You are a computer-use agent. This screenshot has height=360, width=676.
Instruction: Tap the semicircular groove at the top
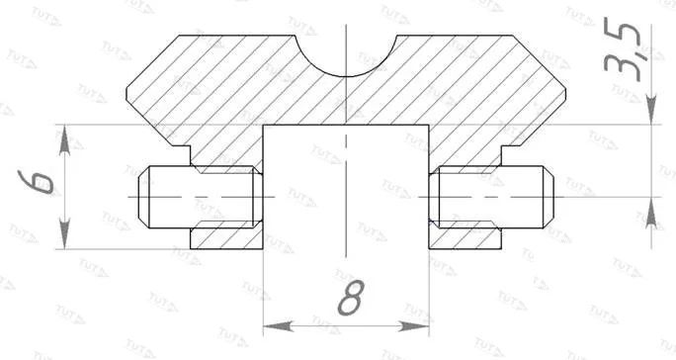pyautogui.click(x=345, y=54)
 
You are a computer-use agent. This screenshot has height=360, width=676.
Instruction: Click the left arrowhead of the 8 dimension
pyautogui.click(x=274, y=325)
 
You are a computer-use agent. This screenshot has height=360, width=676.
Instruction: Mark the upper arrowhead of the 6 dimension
pyautogui.click(x=64, y=137)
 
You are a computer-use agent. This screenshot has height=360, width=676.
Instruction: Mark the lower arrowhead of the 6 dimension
pyautogui.click(x=64, y=236)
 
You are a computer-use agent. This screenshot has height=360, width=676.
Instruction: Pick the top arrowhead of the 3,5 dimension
pyautogui.click(x=651, y=112)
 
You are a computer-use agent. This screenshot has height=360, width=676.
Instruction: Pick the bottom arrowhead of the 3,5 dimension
pyautogui.click(x=651, y=211)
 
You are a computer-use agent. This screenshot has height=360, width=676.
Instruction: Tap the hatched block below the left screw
pyautogui.click(x=224, y=236)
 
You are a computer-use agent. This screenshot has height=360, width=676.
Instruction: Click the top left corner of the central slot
pyautogui.click(x=262, y=126)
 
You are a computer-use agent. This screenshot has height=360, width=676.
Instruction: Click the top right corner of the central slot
pyautogui.click(x=430, y=126)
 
